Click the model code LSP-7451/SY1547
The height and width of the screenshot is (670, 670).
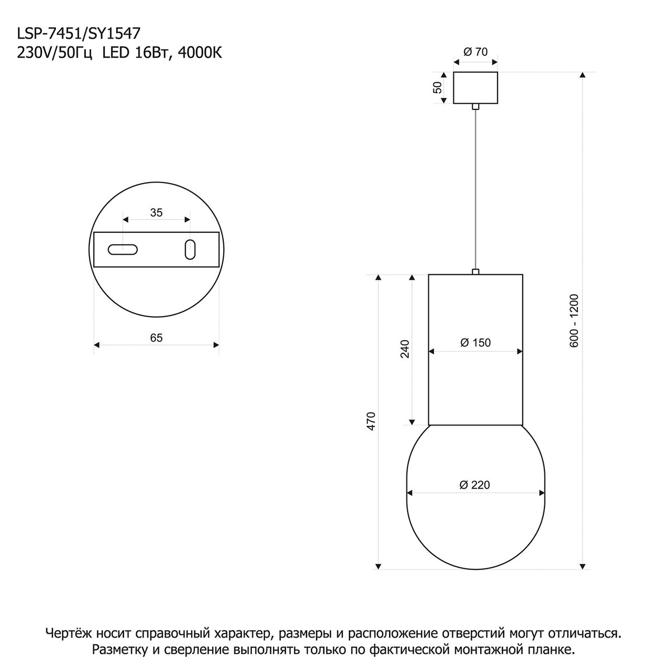coord(79,33)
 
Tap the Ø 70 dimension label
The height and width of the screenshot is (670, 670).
coord(475,52)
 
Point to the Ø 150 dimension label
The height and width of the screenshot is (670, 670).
coord(475,343)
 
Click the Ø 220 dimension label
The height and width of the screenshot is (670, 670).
coord(475,485)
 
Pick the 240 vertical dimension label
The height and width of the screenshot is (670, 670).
coord(405,349)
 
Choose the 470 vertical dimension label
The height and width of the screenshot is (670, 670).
coord(372,421)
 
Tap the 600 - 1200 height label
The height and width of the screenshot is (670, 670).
coord(574,320)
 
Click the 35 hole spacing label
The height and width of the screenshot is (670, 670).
coord(156,212)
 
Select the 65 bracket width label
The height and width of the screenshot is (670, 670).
coord(156,338)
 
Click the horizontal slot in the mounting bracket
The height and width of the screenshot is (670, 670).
coord(123,250)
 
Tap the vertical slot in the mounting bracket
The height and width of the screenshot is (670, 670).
coord(190,250)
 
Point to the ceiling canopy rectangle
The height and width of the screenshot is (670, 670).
coord(475,88)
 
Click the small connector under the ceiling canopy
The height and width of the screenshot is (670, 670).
coord(475,107)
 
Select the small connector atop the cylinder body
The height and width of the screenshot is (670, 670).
coord(475,271)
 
